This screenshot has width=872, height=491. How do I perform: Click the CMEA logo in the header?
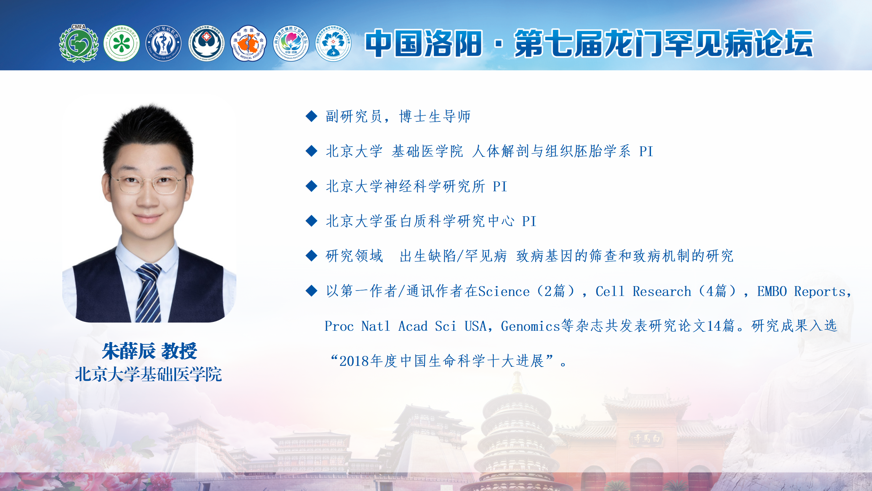[x=79, y=43]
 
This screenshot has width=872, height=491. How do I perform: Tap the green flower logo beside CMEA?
[x=122, y=43]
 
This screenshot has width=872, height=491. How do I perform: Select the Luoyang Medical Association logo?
[x=249, y=43]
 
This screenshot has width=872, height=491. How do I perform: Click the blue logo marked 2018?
[x=164, y=43]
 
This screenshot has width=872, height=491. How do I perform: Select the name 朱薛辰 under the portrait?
[x=129, y=351]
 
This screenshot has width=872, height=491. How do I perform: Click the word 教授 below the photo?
[x=179, y=351]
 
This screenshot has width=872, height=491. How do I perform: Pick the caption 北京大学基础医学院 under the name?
[x=149, y=374]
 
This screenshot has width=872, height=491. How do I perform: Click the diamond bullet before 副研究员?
[x=312, y=116]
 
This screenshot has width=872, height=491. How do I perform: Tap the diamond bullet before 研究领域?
[x=312, y=256]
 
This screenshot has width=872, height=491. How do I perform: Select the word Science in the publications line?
[x=504, y=292]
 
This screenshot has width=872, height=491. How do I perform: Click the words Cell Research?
[x=643, y=292]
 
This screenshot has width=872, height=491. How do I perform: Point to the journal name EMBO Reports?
[x=801, y=292]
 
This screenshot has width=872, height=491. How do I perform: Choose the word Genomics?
[x=530, y=326]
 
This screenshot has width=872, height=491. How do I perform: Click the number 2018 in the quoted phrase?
[x=354, y=361]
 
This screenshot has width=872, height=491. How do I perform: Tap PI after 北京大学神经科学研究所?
[x=500, y=187]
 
